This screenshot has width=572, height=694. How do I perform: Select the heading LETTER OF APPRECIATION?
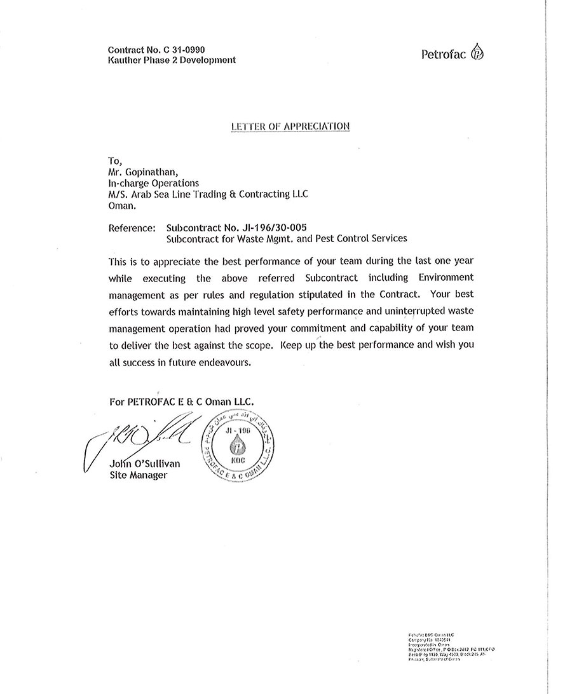click(x=291, y=126)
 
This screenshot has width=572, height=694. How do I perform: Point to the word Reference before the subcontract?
click(x=132, y=228)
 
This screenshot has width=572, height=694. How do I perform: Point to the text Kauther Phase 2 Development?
click(x=172, y=60)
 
